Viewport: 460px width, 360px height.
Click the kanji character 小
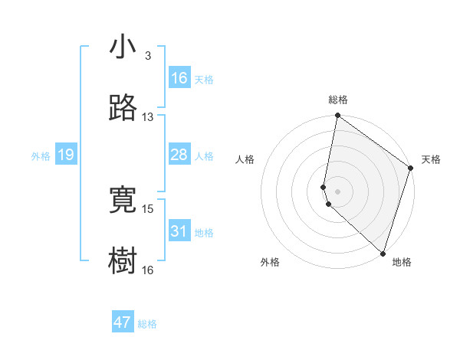pyautogui.click(x=123, y=48)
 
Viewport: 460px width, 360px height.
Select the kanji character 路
pyautogui.click(x=123, y=107)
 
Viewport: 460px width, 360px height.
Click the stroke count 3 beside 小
pyautogui.click(x=147, y=56)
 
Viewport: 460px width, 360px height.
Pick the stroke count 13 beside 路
pyautogui.click(x=147, y=117)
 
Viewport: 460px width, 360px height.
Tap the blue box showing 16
pyautogui.click(x=179, y=78)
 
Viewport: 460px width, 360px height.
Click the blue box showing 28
pyautogui.click(x=179, y=155)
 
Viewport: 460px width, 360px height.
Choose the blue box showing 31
pyautogui.click(x=179, y=231)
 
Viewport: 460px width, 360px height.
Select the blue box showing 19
pyautogui.click(x=66, y=155)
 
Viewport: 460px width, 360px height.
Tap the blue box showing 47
pyautogui.click(x=123, y=322)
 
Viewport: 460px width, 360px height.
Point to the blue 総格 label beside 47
pyautogui.click(x=147, y=324)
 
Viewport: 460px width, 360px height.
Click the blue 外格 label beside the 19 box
pyautogui.click(x=41, y=156)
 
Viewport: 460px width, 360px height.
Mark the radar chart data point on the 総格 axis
pyautogui.click(x=337, y=116)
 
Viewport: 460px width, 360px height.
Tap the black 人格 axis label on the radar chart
pyautogui.click(x=245, y=159)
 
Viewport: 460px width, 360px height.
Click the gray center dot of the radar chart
pyautogui.click(x=337, y=191)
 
